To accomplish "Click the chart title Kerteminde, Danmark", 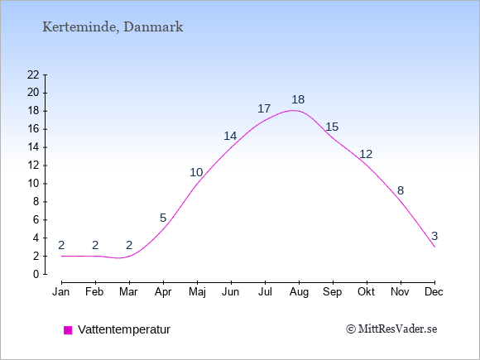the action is (x=113, y=27).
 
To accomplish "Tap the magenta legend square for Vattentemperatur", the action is (x=68, y=330).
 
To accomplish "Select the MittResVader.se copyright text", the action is (x=391, y=329).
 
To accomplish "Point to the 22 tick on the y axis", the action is (x=33, y=74).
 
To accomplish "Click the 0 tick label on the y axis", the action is (x=36, y=274).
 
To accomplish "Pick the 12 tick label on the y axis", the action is (x=33, y=166).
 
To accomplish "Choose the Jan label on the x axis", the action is (x=61, y=292).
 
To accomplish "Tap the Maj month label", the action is (x=197, y=292).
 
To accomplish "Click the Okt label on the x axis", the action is (x=366, y=292).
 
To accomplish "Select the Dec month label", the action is (x=434, y=292).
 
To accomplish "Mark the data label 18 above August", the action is (x=298, y=99).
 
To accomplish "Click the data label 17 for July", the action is (x=264, y=108).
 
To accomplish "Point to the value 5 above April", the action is (x=163, y=218).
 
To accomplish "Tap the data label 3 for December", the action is (x=434, y=236).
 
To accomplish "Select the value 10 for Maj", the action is (x=196, y=172).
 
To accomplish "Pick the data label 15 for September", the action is (x=332, y=127).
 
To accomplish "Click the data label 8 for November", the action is (x=401, y=190).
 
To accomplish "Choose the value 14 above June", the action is (x=230, y=136).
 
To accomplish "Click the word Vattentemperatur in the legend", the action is (x=124, y=329).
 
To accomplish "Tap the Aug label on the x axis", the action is (x=299, y=292).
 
